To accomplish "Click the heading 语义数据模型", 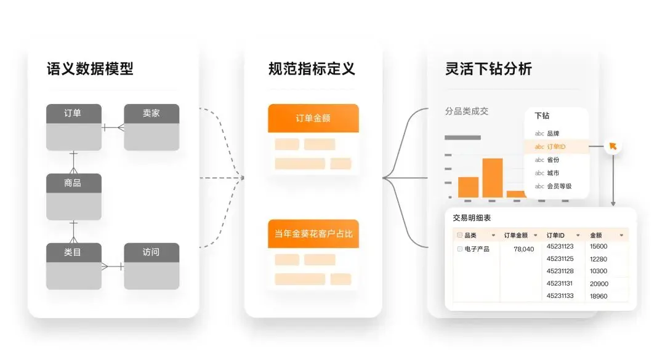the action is click(90, 68).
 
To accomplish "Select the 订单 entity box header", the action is click(73, 113).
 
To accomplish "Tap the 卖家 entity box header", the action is click(151, 113).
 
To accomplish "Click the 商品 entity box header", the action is click(73, 183).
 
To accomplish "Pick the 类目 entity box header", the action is click(73, 252).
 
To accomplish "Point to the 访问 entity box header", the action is click(151, 252).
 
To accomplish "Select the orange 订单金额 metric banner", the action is click(313, 118).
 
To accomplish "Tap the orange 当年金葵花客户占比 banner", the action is click(313, 234).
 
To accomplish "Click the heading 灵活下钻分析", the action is click(488, 68).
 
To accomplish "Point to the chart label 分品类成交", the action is click(467, 111).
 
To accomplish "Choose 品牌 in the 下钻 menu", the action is click(552, 133).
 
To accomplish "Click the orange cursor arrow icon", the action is click(613, 146).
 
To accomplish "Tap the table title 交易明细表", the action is click(472, 218).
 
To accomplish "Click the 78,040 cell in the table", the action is click(523, 249).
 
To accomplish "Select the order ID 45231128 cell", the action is click(560, 271).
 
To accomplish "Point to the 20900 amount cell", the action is click(598, 284).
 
